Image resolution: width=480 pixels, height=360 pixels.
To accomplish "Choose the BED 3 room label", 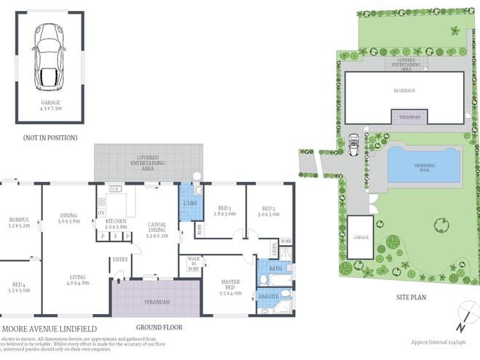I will [225, 211].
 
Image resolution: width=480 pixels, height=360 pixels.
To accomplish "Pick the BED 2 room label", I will [268, 211].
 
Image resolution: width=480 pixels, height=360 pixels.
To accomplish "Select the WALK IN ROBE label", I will [193, 263].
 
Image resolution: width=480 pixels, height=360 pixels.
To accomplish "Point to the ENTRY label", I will [120, 260].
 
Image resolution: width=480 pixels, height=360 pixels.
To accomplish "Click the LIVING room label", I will [77, 278].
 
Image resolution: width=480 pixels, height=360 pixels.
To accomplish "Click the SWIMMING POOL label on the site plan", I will [425, 167].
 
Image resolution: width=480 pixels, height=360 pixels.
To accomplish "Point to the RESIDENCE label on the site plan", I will [404, 91].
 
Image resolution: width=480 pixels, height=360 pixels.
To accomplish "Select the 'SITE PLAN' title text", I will [409, 297].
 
